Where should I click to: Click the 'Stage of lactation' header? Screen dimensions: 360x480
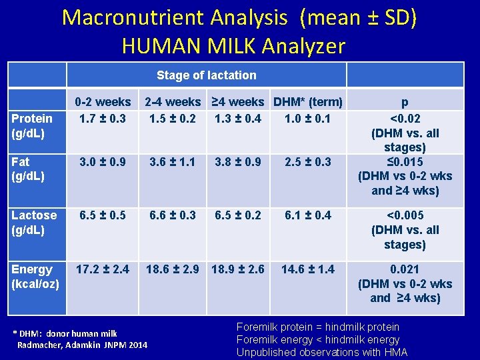(206, 75)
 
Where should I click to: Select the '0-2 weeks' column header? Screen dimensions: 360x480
(103, 102)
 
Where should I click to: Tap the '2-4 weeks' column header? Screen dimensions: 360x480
(173, 102)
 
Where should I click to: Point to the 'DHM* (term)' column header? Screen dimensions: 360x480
(307, 102)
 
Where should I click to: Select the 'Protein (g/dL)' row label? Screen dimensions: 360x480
(32, 125)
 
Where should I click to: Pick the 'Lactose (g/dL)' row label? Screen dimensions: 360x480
(34, 223)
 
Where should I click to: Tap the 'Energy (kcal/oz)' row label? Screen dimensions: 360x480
(34, 277)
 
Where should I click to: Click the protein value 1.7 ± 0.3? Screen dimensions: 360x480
(103, 119)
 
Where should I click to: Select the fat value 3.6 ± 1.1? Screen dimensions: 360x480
(173, 162)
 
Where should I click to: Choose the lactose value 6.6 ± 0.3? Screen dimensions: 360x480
(173, 215)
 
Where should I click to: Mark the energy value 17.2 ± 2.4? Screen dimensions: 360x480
(103, 269)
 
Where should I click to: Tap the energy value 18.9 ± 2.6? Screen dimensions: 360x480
(238, 269)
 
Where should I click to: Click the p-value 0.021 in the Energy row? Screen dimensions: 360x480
(405, 269)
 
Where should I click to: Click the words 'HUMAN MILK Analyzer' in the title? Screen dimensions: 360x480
(234, 45)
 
